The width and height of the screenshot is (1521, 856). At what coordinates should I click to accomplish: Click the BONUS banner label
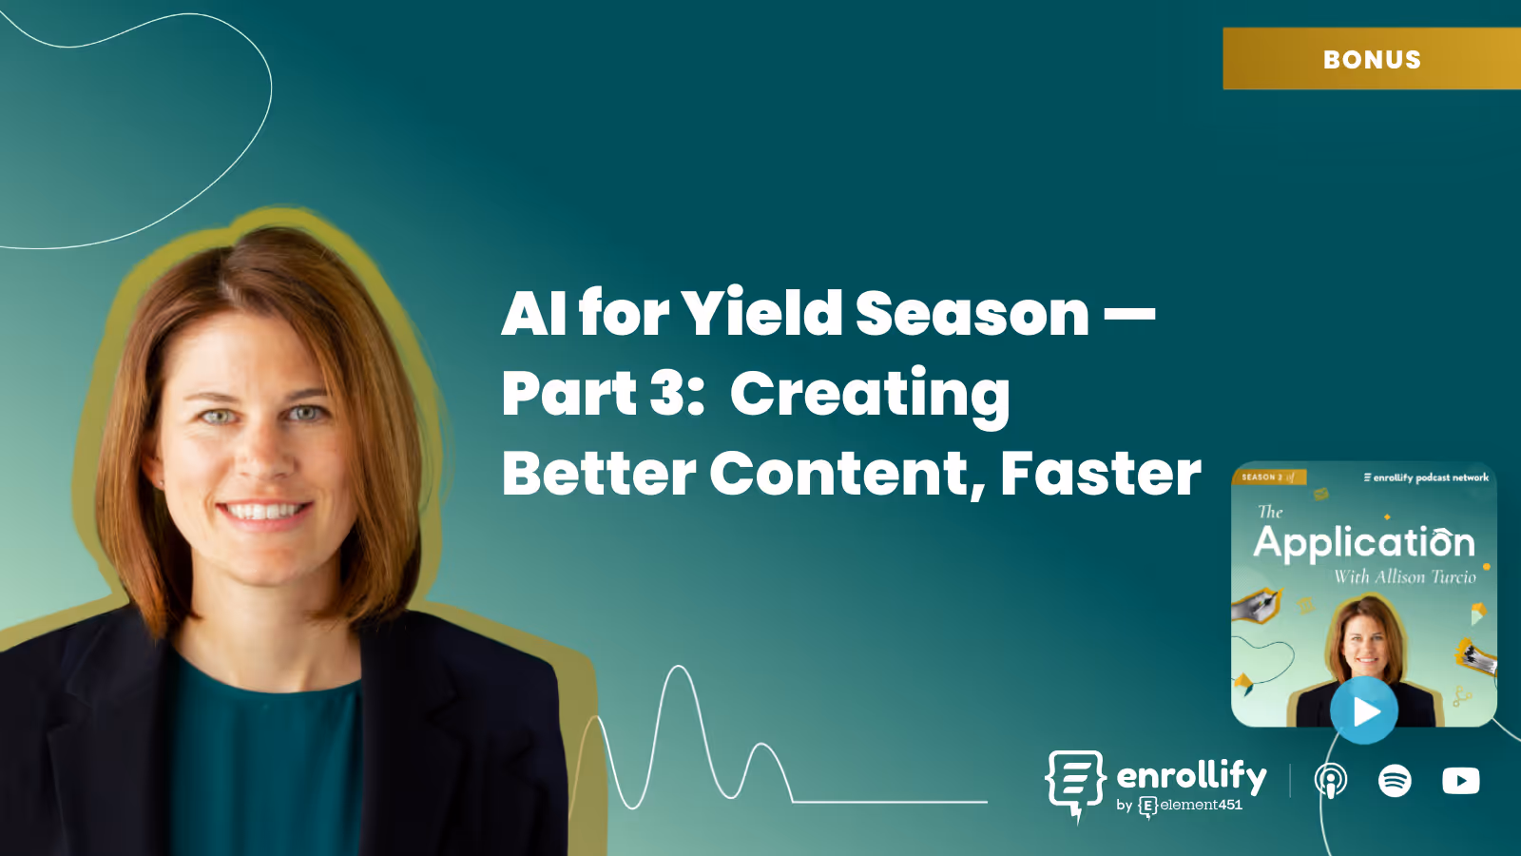click(1372, 59)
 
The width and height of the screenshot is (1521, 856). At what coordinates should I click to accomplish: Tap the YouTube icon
click(1460, 781)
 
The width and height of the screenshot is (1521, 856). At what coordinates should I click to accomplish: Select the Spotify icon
click(1395, 781)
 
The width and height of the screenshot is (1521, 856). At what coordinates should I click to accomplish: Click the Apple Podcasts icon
click(1330, 781)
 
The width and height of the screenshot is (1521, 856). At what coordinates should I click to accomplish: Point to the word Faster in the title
click(1100, 473)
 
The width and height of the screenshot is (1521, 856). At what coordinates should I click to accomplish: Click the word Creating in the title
click(869, 395)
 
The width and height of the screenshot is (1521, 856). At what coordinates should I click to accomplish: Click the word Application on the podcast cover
click(1363, 542)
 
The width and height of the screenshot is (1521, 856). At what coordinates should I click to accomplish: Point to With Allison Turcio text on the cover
click(1404, 576)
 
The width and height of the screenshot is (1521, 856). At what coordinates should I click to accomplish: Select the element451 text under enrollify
click(1201, 805)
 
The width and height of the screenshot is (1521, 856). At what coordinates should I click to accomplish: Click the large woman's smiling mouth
click(264, 512)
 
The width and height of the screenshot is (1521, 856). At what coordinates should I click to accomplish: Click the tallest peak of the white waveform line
click(679, 668)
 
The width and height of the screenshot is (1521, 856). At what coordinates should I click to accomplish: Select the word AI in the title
click(533, 313)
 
